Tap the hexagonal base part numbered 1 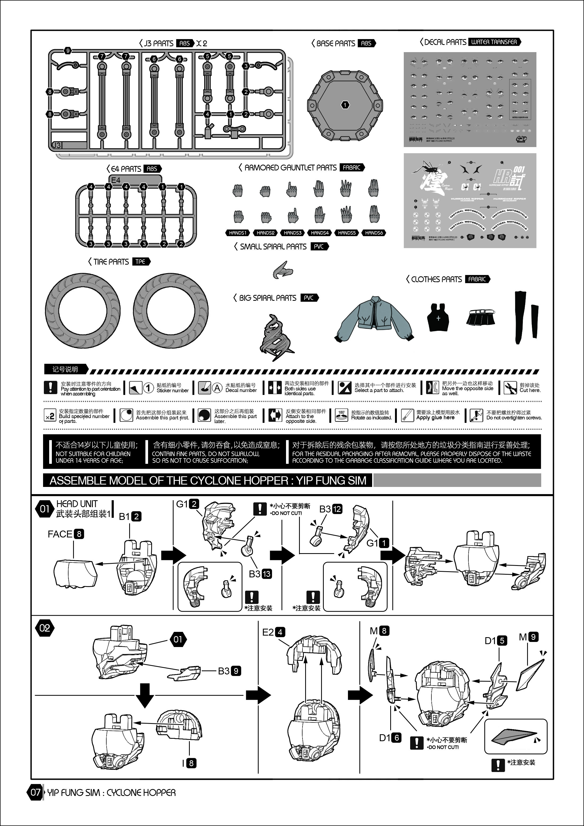click(x=345, y=105)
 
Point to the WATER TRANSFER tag click(x=494, y=42)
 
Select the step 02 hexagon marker click(x=45, y=628)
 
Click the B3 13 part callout click(x=260, y=574)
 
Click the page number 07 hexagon click(x=35, y=792)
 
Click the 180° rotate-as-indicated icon click(x=341, y=415)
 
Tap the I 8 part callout click(x=189, y=763)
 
